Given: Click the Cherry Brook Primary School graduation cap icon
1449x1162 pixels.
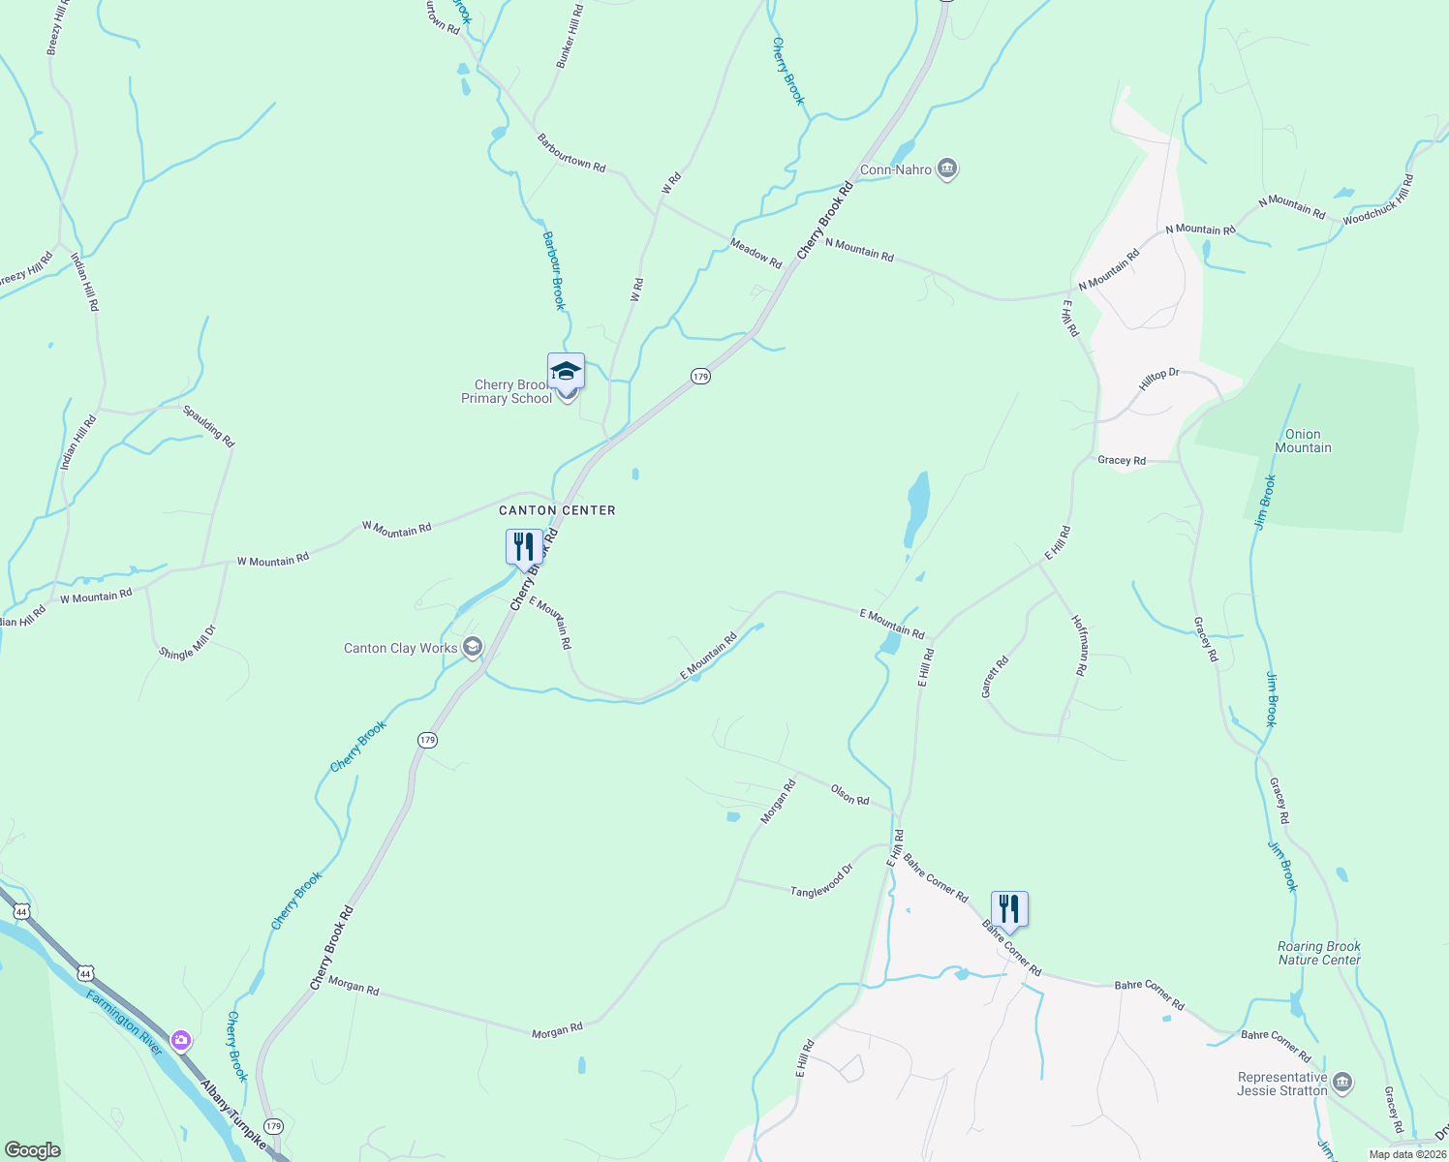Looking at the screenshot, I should pos(566,371).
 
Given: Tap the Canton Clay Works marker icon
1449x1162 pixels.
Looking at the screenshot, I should pos(473,647).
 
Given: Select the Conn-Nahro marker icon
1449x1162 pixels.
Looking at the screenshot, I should pos(947,169).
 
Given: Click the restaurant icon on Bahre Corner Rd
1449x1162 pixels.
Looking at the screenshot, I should pos(1009,909).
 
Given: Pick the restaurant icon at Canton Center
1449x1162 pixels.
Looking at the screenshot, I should pos(524,546).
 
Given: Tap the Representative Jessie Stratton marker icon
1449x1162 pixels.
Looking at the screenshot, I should pos(1342,1082).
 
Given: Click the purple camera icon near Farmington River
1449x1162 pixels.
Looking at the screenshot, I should pos(181,1041).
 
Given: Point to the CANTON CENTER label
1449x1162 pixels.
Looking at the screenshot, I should pos(557,510).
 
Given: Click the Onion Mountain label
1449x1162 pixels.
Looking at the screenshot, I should pos(1303,442).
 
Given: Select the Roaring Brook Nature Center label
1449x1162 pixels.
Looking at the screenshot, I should pos(1319,953).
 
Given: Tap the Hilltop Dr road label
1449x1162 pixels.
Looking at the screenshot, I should pos(1158,380).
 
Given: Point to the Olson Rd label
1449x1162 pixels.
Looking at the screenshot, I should pos(849,795).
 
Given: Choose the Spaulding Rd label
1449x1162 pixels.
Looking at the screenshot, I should pos(209,426).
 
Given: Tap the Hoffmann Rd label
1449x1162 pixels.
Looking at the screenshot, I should pos(1079,644).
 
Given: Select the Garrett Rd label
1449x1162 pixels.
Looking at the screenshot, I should pos(995,677).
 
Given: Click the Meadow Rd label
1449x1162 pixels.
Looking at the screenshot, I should pos(755,254).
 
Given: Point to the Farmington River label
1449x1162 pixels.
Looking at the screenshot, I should pos(124,1023).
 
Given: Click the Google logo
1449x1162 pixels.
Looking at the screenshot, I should pos(33,1149).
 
